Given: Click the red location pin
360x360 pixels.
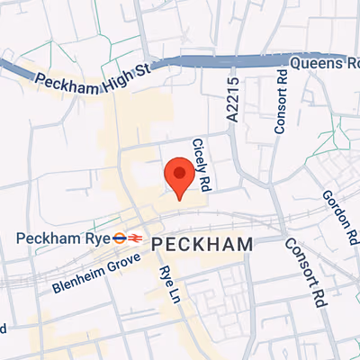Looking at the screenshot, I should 179,176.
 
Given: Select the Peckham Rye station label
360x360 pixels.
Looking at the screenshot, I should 62,238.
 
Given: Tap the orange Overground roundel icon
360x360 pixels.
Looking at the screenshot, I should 119,238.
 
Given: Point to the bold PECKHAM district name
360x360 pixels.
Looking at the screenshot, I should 202,244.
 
